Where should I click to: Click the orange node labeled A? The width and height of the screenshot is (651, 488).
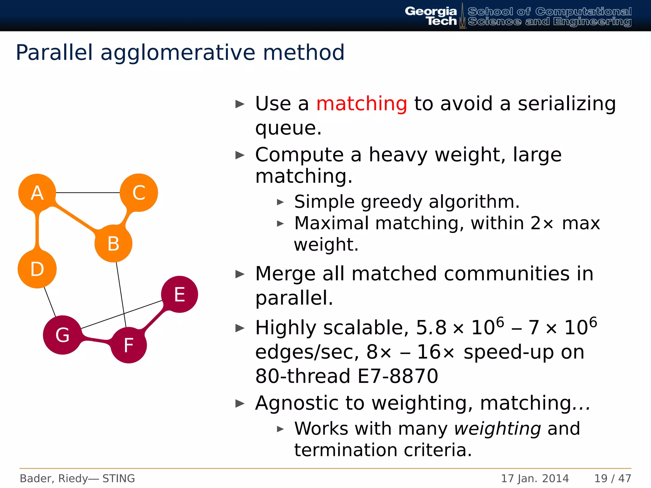click(37, 193)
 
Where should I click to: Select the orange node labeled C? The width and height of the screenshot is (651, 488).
click(139, 193)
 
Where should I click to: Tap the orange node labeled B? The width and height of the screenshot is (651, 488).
click(113, 243)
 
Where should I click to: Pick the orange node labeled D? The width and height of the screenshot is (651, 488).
click(37, 269)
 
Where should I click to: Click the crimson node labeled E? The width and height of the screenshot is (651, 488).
click(180, 294)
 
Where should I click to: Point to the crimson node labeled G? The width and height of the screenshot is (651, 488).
click(62, 335)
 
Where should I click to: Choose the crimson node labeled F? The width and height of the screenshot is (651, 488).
click(129, 345)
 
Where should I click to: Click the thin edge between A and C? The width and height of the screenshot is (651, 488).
click(88, 193)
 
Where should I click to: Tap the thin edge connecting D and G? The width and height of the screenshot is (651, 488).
click(50, 302)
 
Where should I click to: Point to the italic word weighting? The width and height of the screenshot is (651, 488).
click(497, 429)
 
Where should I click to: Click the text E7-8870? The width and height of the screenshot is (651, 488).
click(398, 376)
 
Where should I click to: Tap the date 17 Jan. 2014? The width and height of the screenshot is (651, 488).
click(535, 478)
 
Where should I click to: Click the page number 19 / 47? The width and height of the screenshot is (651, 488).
click(613, 478)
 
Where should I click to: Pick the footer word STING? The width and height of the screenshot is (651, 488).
click(119, 478)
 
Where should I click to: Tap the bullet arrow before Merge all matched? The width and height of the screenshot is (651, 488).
click(240, 274)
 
